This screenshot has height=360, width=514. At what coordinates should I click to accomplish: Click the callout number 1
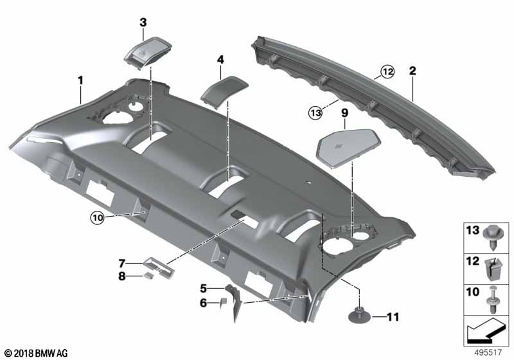81,80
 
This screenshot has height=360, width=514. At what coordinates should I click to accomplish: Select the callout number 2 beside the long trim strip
412,71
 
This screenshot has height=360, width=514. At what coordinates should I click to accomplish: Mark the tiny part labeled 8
148,277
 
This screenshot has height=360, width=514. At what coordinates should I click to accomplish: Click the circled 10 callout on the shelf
96,217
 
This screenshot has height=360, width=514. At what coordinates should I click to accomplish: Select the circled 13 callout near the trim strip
314,113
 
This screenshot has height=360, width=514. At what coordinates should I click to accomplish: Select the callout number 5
203,288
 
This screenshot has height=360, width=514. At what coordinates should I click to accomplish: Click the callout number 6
203,303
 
